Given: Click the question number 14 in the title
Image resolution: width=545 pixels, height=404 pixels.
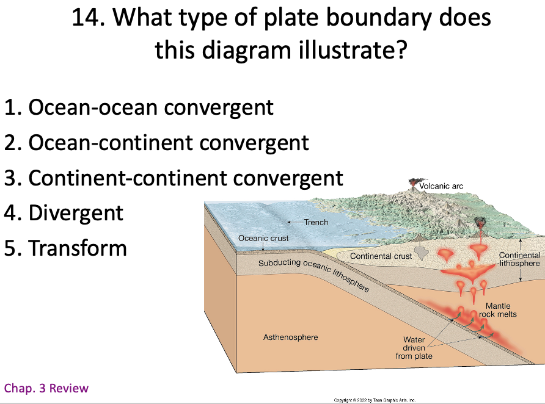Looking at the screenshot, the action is [88, 17].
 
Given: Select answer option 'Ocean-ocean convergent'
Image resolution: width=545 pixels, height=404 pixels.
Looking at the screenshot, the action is [139, 107].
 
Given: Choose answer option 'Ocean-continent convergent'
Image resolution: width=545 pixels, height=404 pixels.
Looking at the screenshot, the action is [156, 143].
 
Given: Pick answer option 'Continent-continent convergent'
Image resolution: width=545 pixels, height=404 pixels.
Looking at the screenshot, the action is [174, 178].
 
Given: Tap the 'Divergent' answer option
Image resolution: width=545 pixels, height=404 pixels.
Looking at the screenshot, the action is [64, 213].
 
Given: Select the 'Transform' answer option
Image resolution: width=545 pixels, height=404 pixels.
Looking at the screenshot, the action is [65, 248].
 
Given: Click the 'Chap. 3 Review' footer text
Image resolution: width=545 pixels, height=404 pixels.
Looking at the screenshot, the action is [46, 388].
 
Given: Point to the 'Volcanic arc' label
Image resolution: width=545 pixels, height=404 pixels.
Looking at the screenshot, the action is [441, 186].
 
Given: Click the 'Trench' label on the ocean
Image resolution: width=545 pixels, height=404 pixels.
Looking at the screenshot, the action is [316, 222].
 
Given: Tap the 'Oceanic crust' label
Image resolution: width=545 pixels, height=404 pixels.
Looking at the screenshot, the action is [263, 238].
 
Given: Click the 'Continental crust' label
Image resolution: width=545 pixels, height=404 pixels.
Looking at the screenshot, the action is [381, 256].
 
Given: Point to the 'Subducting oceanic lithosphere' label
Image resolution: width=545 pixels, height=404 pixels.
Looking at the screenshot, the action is [313, 274].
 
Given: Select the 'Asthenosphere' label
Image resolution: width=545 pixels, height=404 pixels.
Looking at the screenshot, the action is [291, 337].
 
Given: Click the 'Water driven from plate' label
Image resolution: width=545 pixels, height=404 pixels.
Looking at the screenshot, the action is [414, 348].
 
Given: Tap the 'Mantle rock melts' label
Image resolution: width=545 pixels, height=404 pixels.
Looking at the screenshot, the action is [498, 310].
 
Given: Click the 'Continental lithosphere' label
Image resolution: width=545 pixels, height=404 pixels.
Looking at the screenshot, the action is [519, 259].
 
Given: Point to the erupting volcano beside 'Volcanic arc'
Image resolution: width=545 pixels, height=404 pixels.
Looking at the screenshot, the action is [413, 185].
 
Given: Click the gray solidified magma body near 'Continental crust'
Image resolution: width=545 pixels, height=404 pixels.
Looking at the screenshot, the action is [422, 253].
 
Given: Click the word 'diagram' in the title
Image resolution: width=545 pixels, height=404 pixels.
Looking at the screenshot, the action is [246, 50].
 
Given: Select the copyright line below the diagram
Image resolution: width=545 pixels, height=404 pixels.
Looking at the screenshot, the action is [375, 400].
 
